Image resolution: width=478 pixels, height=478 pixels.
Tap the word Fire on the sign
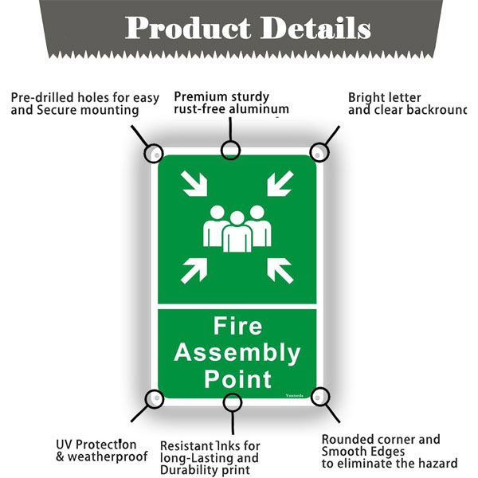pos(237,327)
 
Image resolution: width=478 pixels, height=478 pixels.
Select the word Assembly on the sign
pos(237,352)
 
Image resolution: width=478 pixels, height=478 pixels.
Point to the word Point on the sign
pos(237,378)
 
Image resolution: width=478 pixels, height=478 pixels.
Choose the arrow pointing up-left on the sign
pos(279,270)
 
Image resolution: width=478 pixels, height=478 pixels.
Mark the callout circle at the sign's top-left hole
pos(153,151)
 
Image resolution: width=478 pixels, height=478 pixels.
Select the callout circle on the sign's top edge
pos(231,150)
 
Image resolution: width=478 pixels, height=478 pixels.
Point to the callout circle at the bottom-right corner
pos(320,396)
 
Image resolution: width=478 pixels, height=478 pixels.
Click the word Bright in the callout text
pos(366,97)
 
